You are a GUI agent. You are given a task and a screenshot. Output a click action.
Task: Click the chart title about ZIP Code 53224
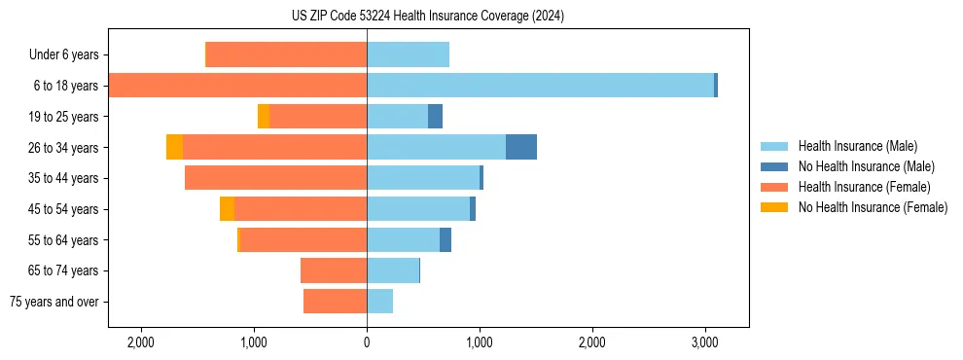pos(428,16)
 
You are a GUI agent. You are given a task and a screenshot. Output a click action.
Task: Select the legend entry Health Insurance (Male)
pos(852,146)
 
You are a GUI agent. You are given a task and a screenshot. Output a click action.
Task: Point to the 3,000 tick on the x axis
pos(704,342)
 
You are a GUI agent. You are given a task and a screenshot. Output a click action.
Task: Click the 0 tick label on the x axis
pos(367,342)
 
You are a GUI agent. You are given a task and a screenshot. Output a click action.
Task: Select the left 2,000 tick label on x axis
pos(141,342)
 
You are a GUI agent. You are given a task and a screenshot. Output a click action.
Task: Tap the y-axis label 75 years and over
pos(54,302)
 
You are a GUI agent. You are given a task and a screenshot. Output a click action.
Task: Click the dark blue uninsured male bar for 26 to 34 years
pos(521,147)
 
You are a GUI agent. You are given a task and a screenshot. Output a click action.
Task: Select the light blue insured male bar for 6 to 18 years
pos(540,86)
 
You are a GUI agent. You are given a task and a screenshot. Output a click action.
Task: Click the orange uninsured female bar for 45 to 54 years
pos(227,209)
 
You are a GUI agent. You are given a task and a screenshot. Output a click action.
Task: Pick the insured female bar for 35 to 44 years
pos(275,178)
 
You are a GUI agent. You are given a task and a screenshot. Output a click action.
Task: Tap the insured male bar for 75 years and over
pos(379,302)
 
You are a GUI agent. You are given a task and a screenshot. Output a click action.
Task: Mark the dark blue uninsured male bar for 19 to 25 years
pos(435,117)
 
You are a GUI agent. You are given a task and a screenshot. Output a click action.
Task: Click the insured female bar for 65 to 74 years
pos(334,270)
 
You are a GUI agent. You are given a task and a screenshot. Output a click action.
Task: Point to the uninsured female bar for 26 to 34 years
pos(174,147)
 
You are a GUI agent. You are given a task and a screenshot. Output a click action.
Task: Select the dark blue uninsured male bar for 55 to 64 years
pos(446,239)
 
